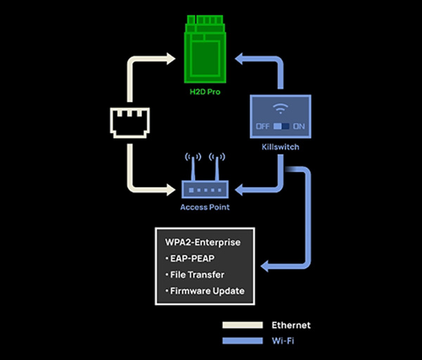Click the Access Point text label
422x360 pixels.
pos(205,207)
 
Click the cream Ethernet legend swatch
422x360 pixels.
pos(241,325)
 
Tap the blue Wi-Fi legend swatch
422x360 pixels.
pos(241,340)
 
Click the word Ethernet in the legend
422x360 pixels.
pos(290,325)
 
